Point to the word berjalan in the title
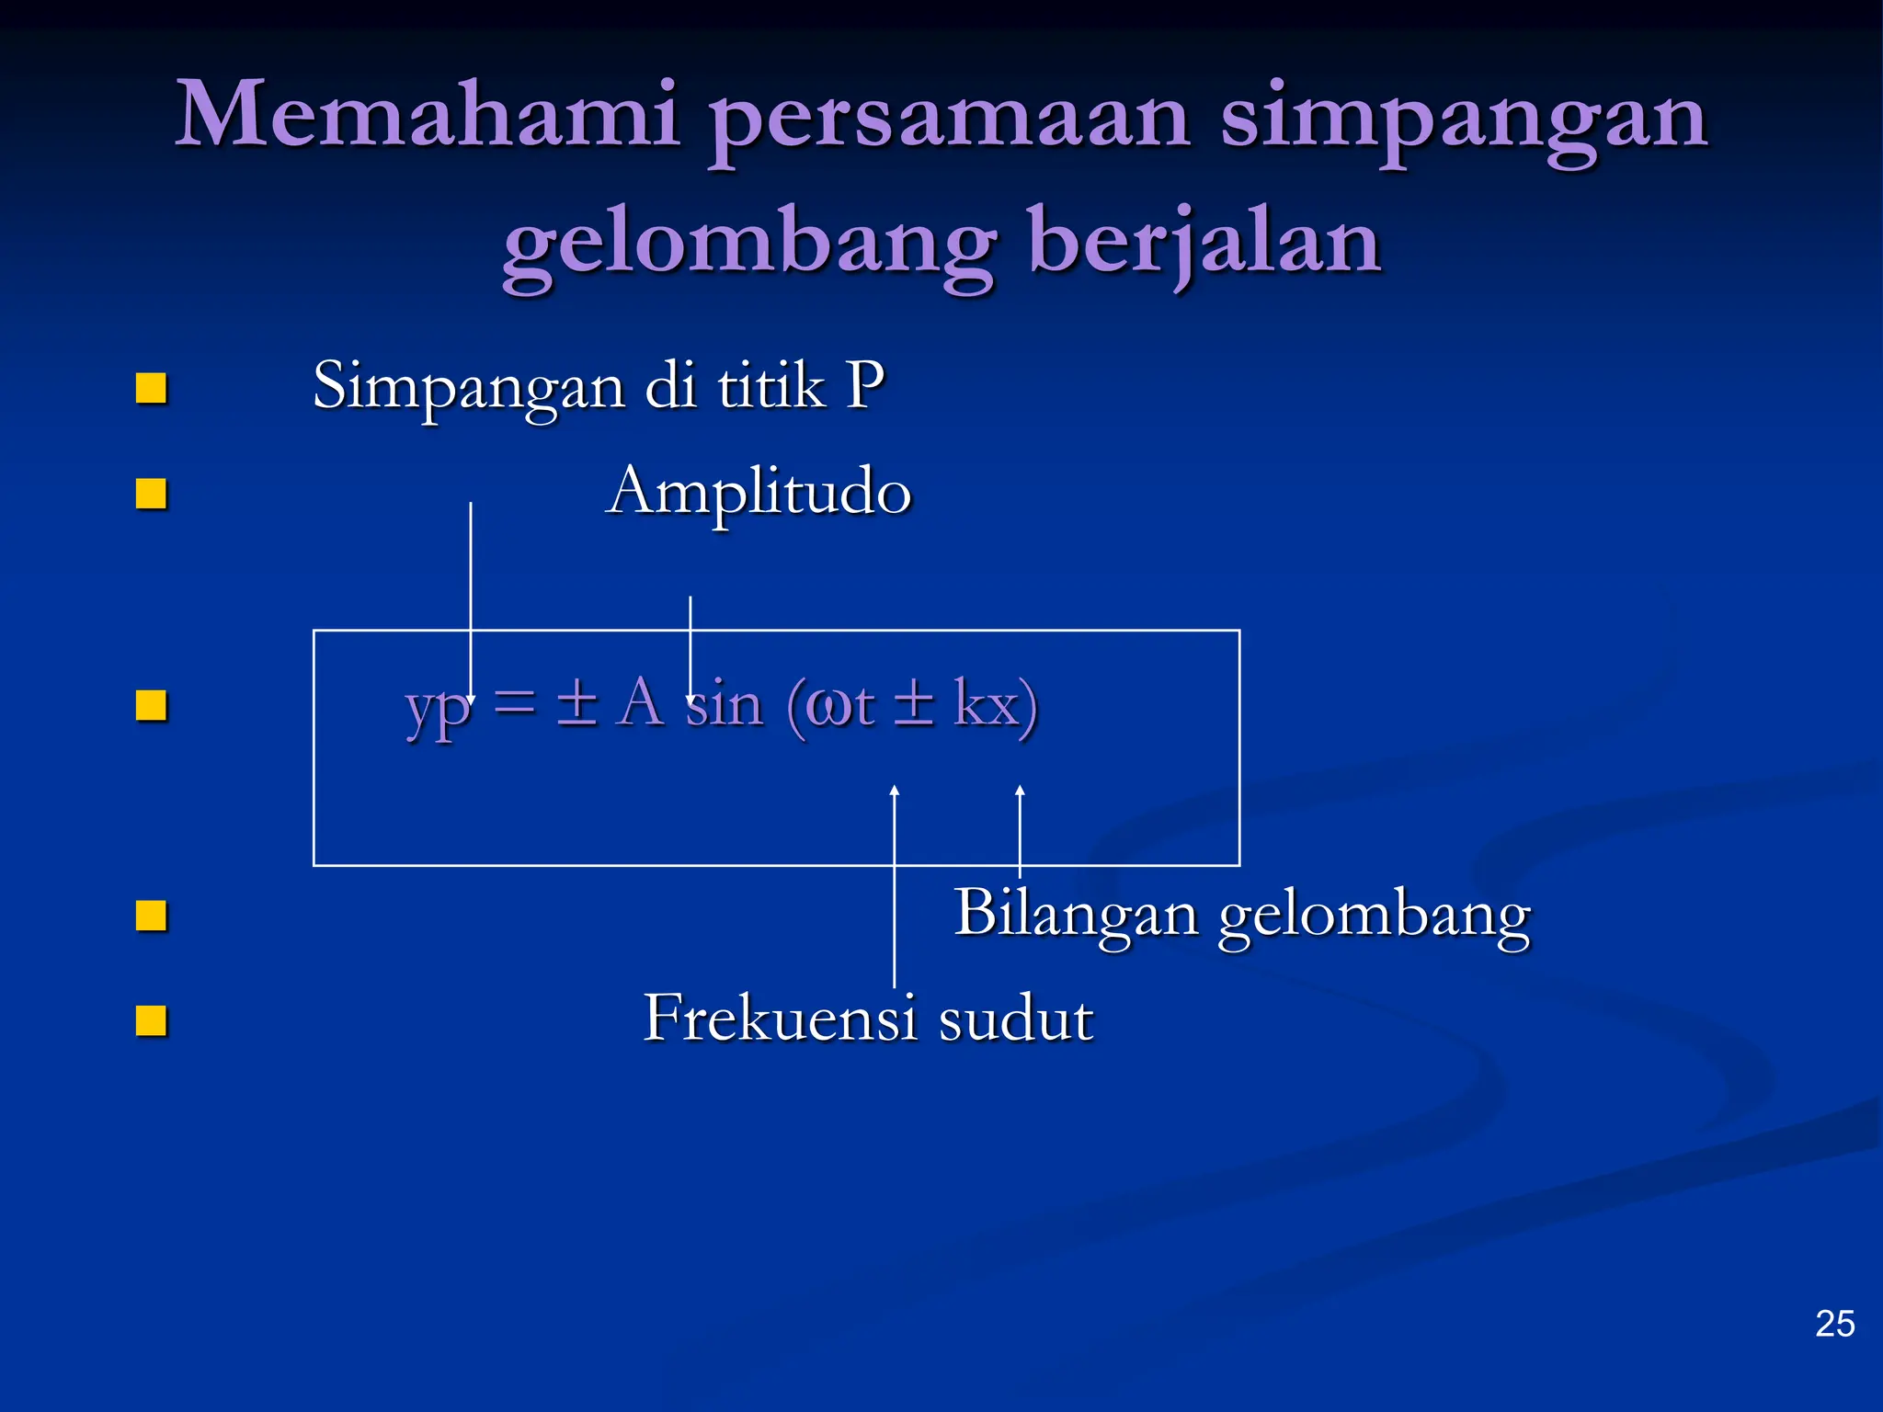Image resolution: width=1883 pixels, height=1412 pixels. [1204, 243]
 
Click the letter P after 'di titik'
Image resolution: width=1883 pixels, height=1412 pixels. [864, 385]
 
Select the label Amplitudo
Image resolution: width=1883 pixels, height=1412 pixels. [759, 492]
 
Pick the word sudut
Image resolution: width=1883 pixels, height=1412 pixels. [1016, 1019]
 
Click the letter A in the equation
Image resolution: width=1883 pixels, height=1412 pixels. [640, 703]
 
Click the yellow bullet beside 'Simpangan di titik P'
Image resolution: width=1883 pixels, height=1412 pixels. [151, 388]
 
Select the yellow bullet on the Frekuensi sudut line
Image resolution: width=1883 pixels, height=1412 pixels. [151, 1020]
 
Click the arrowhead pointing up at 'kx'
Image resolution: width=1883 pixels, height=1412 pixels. [1020, 791]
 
